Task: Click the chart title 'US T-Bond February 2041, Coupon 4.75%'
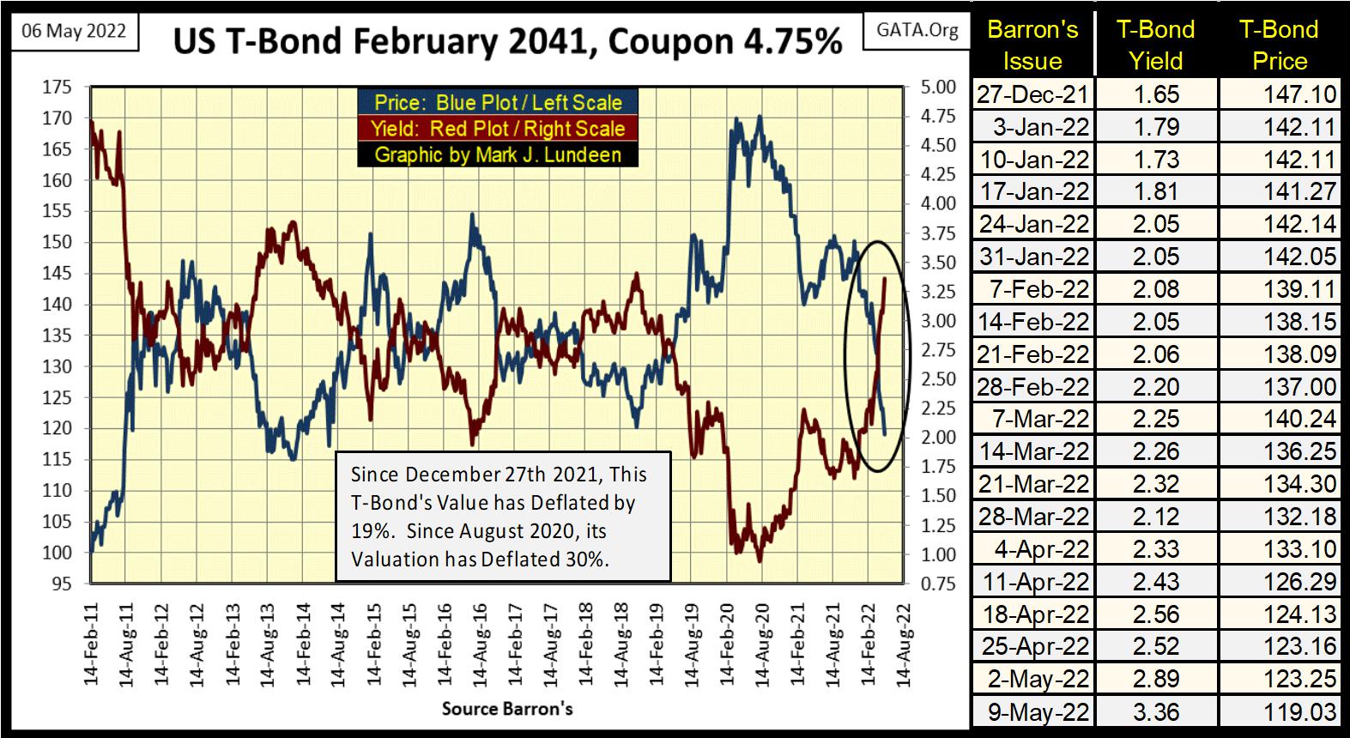click(x=507, y=40)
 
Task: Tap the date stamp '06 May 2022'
click(x=74, y=32)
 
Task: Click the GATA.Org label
click(x=917, y=30)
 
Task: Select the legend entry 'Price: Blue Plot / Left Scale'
click(x=498, y=103)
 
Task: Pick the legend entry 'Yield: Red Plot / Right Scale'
click(x=498, y=129)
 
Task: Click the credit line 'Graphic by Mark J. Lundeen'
click(x=498, y=154)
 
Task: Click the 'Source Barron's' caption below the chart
click(x=507, y=709)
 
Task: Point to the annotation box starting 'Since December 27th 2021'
click(x=502, y=517)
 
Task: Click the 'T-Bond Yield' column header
click(x=1156, y=45)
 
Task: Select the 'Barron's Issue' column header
click(x=1032, y=45)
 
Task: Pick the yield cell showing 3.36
click(x=1156, y=712)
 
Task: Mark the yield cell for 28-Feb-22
click(x=1156, y=387)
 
